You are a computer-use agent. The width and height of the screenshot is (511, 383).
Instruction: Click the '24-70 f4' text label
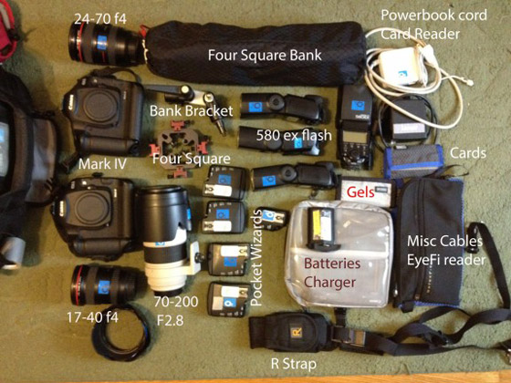coord(100,19)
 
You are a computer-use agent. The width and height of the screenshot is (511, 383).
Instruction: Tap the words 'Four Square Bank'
coord(265,55)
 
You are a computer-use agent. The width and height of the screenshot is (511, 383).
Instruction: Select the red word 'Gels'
coord(360,192)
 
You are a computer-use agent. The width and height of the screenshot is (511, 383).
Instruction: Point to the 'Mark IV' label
coord(102,164)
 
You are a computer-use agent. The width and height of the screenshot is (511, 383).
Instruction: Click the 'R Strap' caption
coord(294,364)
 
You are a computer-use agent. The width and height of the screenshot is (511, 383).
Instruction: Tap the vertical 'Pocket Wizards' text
coord(256,258)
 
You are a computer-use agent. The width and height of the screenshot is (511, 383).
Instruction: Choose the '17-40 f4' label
coord(92,317)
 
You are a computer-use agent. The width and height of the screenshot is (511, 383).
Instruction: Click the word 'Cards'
coord(468,153)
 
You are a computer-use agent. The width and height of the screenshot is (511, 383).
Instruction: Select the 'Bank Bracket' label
coord(192,111)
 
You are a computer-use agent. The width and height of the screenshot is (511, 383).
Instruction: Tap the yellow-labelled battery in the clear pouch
coord(321,228)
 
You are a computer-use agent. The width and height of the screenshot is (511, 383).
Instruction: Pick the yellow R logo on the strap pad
coord(297,333)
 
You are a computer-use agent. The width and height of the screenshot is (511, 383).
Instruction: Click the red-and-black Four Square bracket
coord(178,149)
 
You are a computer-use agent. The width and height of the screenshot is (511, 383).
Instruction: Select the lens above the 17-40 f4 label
coord(105,285)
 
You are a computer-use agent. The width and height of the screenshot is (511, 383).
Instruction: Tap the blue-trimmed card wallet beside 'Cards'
coord(412,161)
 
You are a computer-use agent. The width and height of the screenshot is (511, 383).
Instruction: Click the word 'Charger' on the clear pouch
coord(329,282)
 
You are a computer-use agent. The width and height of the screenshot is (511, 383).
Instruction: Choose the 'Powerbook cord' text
coord(434,15)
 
